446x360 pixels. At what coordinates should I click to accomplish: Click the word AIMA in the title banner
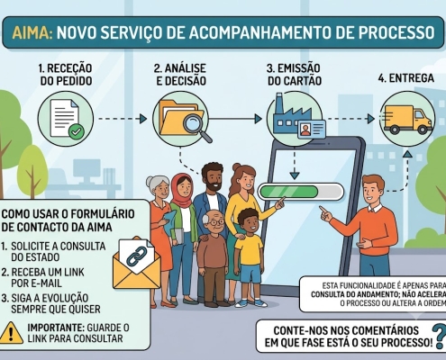point(32,32)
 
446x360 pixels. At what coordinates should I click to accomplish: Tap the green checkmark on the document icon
point(77,131)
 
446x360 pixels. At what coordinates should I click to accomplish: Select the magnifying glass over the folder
point(196,127)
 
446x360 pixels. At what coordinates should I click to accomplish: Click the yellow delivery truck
point(408,119)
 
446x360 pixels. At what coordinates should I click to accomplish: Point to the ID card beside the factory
point(312,129)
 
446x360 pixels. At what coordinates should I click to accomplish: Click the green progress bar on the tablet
point(287,192)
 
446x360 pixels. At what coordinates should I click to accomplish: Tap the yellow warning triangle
point(12,332)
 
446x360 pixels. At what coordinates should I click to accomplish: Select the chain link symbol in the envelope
point(136,256)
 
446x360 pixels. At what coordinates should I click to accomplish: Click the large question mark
point(439,337)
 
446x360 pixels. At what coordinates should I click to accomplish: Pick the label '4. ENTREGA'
point(406,78)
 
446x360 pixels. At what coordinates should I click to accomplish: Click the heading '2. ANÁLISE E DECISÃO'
point(180,75)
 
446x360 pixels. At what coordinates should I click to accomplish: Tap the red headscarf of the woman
point(182,190)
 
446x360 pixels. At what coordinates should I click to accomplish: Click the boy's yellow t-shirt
point(249,250)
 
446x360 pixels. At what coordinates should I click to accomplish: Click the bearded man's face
point(213,180)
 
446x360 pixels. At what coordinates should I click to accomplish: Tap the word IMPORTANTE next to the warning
point(54,328)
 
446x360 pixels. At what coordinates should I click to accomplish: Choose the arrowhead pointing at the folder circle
point(143,119)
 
